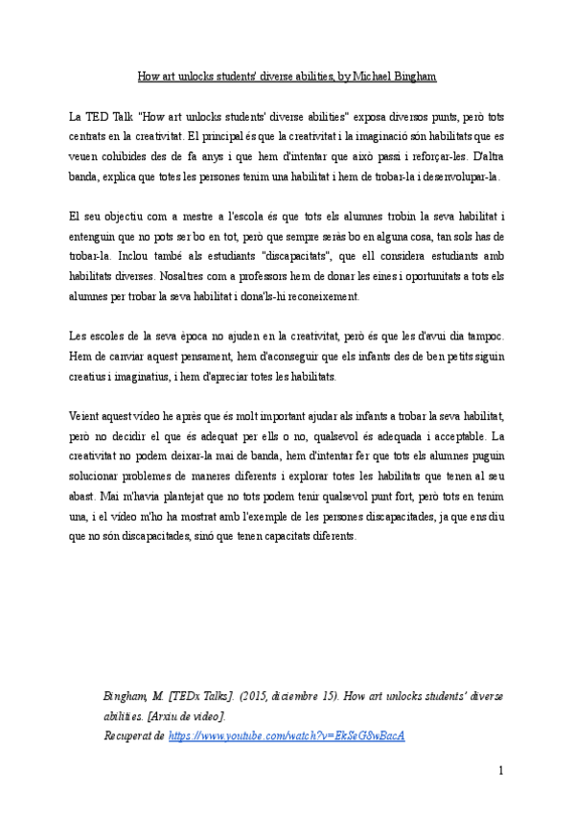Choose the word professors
[x=280, y=277]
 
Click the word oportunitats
[x=403, y=277]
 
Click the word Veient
[x=85, y=417]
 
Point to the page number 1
[x=501, y=771]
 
